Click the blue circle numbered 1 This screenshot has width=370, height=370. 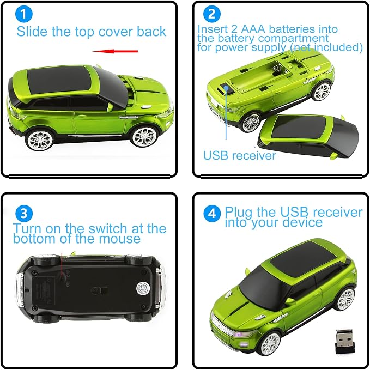point(23,14)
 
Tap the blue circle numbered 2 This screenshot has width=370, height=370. point(211,14)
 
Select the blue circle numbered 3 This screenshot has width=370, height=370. point(24,213)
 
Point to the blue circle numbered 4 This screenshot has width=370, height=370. point(212,213)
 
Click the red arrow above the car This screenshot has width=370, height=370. point(115,51)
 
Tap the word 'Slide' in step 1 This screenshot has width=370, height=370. point(32,32)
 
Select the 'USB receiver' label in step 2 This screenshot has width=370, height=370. point(240,155)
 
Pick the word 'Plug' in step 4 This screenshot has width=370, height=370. point(239,213)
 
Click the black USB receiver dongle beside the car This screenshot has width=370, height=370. point(344,342)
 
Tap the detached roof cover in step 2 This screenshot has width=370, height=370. point(308,136)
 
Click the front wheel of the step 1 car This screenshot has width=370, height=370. point(144,137)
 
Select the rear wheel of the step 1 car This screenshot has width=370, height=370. point(40,140)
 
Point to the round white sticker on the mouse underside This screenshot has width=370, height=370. point(143,288)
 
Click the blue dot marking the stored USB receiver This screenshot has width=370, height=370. point(226,88)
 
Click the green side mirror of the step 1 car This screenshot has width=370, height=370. point(110,107)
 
